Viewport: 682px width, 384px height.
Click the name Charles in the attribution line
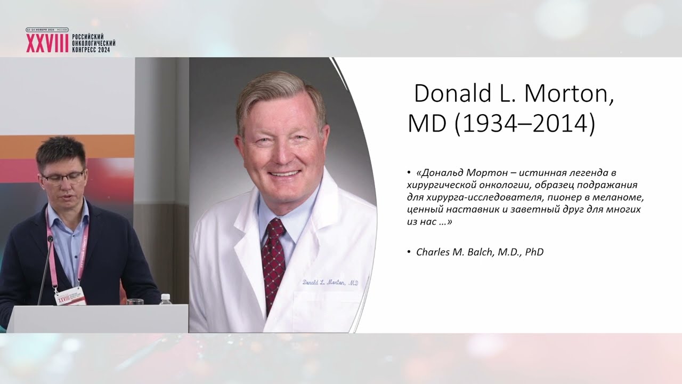tap(432, 252)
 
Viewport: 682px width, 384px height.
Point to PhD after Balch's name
tap(534, 252)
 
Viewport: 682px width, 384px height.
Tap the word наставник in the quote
tap(472, 210)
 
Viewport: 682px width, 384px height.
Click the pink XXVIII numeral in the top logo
tap(47, 43)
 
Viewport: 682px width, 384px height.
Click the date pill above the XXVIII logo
tap(47, 30)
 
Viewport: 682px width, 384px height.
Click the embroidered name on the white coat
tap(330, 283)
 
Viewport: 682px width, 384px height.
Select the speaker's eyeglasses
tap(63, 178)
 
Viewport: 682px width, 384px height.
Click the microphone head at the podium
tap(50, 238)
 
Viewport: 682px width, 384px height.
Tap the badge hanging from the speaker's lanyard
tap(70, 296)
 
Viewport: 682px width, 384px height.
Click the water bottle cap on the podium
tap(165, 295)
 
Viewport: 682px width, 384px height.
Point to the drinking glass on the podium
tap(135, 302)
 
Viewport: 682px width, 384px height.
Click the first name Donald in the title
tap(453, 93)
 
